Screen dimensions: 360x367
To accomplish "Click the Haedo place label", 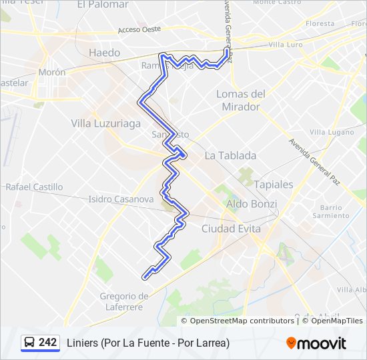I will coord(105,53).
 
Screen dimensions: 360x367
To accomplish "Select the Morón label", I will coord(51,72).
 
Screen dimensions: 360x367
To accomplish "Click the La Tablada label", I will coord(230,155).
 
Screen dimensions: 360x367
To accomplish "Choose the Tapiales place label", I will coord(274,184).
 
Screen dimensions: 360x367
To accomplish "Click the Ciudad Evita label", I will coord(231,229).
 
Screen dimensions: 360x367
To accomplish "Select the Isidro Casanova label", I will coord(121,199).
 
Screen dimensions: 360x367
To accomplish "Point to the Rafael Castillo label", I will coord(34,187).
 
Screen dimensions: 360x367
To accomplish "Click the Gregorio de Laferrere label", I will coord(124,301).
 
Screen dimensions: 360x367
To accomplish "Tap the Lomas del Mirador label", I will coord(241,100).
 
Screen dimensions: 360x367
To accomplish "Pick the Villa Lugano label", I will coord(332,132).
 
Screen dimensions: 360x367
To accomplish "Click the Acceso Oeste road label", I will coord(139,29).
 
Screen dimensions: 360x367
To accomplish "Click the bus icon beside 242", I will coord(30,343).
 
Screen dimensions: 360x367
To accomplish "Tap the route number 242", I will coord(48,343).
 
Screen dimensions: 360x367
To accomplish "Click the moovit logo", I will coord(316,343).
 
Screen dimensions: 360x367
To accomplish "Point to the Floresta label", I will coord(320,23).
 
